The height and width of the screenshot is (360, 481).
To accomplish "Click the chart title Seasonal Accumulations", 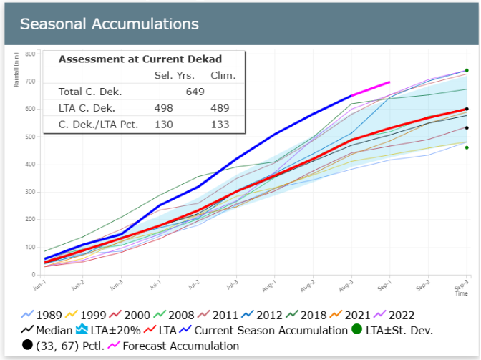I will coord(110,24).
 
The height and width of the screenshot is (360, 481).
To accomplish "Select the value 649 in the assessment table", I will coord(195,92).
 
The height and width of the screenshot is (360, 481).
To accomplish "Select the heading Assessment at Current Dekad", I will coord(140,59).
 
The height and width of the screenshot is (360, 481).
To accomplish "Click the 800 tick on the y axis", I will coord(31,54).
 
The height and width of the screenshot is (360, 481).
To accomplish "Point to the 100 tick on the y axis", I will coord(31,247).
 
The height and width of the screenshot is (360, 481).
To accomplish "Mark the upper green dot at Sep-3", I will coord(467,70).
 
